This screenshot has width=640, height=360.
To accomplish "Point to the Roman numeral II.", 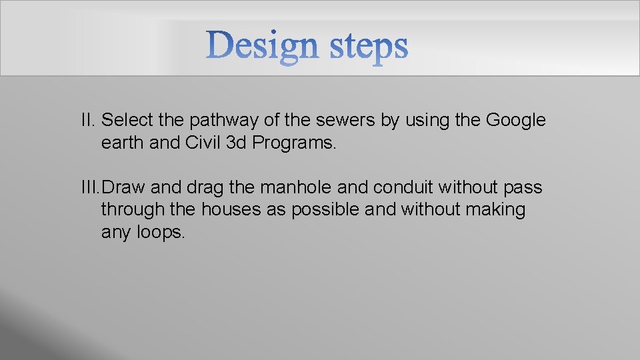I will tap(88, 121).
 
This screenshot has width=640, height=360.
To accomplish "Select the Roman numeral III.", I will tap(91, 188).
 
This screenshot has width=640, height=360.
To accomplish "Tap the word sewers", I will tap(343, 121).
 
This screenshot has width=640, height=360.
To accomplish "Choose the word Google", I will tap(515, 121).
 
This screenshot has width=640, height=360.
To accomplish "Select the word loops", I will tap(161, 233).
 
